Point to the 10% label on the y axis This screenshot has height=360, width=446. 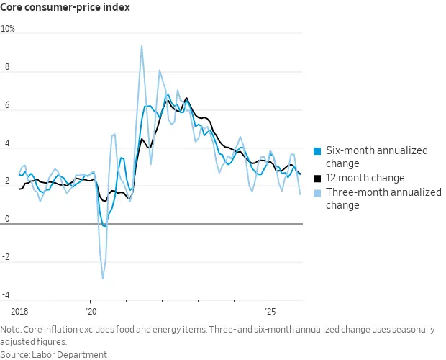[x=8, y=29]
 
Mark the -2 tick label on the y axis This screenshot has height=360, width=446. [x=6, y=258]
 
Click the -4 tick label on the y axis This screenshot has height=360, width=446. [x=6, y=295]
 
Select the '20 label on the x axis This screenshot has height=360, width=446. [x=91, y=312]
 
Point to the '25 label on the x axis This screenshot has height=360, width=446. [x=270, y=312]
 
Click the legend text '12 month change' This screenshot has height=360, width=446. [x=365, y=178]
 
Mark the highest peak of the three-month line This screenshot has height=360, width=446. [x=141, y=45]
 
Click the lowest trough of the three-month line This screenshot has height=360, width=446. [x=103, y=278]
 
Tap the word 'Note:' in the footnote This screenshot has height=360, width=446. [x=12, y=330]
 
